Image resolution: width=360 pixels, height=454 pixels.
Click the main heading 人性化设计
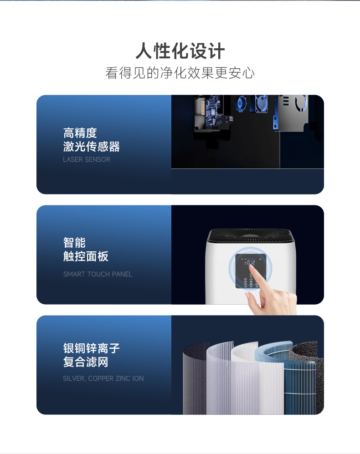click(x=180, y=51)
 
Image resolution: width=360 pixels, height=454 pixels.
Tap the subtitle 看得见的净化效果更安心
click(x=180, y=73)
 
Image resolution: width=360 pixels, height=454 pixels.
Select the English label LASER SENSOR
click(x=87, y=159)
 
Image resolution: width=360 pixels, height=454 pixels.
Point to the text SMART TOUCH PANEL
click(x=98, y=274)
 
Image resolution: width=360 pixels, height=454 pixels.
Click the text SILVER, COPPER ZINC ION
click(x=103, y=378)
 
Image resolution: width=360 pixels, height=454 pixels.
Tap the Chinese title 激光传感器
click(x=91, y=147)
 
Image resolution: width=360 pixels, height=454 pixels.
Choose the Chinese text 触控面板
click(x=86, y=256)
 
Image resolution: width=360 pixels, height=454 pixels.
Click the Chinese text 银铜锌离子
click(x=91, y=348)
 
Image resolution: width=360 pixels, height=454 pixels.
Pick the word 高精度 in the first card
click(x=80, y=133)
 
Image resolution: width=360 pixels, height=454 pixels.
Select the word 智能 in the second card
click(x=74, y=243)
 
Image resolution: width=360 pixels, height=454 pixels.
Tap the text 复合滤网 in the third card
click(x=86, y=362)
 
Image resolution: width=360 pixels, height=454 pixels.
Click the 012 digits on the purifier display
click(x=251, y=262)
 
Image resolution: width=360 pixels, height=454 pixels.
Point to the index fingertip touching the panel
click(x=252, y=266)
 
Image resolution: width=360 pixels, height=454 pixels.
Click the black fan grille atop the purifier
click(x=251, y=235)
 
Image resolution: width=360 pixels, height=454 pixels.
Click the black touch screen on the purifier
click(x=251, y=271)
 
